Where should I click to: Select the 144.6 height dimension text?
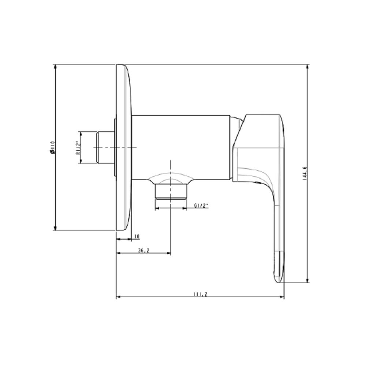tap(304, 174)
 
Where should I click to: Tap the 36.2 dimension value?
tap(143, 250)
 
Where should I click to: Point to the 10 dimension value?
tap(137, 237)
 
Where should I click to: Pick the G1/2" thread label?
tap(201, 206)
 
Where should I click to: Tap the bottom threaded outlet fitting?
tap(171, 192)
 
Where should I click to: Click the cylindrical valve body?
tap(181, 146)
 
